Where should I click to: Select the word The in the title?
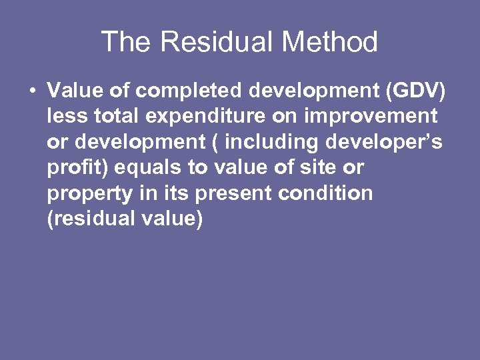pyautogui.click(x=127, y=43)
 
